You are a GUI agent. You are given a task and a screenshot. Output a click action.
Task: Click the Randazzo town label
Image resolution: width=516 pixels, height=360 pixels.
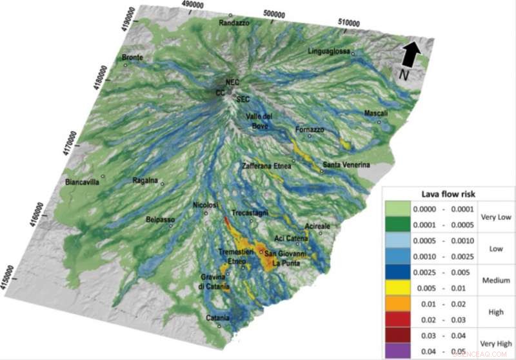click(x=233, y=23)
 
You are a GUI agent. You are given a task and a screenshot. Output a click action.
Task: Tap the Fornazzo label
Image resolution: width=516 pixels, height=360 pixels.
click(x=309, y=130)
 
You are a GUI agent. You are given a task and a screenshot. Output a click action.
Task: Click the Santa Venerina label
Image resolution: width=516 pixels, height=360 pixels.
click(x=346, y=165)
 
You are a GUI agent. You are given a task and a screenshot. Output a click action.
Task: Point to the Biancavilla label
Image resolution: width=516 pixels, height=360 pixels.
click(x=84, y=183)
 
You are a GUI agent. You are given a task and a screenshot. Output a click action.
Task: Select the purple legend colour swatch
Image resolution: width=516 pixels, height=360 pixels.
click(x=401, y=351)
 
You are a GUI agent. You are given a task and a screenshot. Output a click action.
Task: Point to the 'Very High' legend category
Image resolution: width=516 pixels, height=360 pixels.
click(x=495, y=343)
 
